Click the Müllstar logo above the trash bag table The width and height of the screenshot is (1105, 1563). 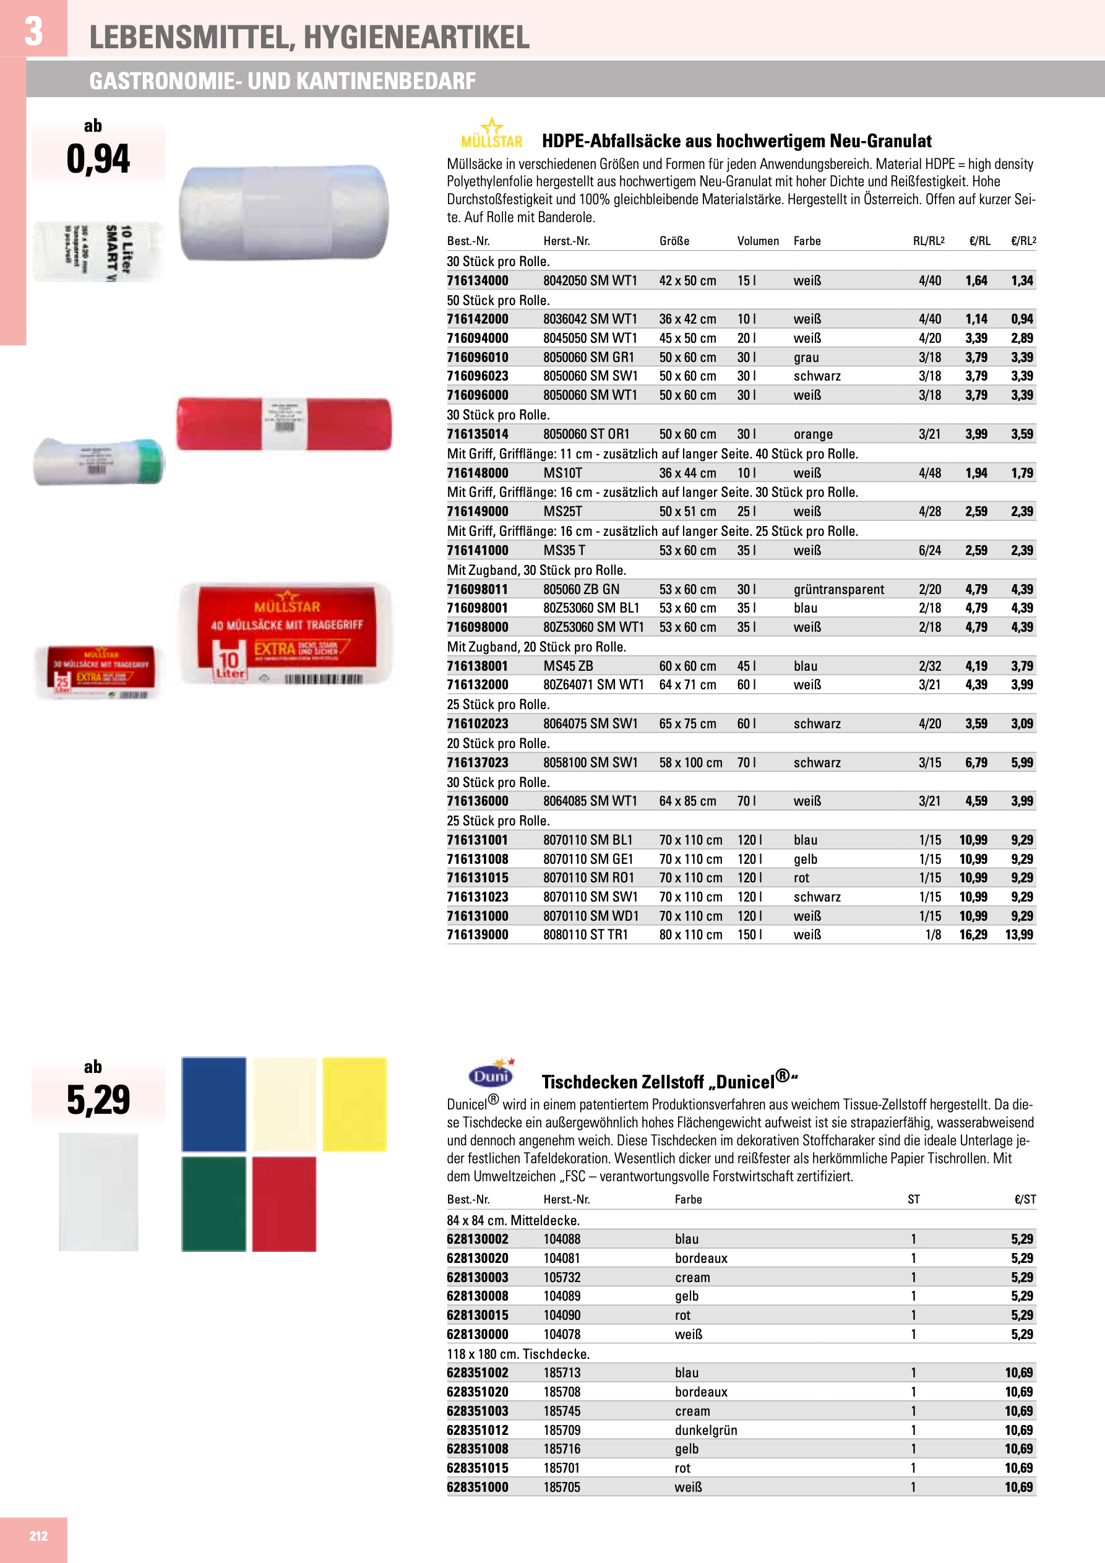pos(492,134)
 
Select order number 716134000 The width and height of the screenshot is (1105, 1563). pos(477,280)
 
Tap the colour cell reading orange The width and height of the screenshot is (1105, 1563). pos(813,434)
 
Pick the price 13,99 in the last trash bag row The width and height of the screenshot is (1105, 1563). pos(1018,935)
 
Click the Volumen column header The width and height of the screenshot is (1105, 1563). pos(758,241)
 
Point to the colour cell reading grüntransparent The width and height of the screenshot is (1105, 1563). pos(839,590)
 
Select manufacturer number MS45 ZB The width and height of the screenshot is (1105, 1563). pos(568,666)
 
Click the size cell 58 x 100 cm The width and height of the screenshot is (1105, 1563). pos(690,762)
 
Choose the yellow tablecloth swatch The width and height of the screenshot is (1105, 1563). pos(354,1103)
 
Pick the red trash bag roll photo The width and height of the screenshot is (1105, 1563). pos(284,424)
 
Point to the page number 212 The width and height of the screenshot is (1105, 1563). pos(39,1536)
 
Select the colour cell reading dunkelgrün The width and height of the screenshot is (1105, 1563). pos(705,1430)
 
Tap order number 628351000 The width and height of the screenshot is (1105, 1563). pos(477,1488)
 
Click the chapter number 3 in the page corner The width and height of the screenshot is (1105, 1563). pos(33,32)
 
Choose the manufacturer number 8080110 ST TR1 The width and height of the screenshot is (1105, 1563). pos(585,935)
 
